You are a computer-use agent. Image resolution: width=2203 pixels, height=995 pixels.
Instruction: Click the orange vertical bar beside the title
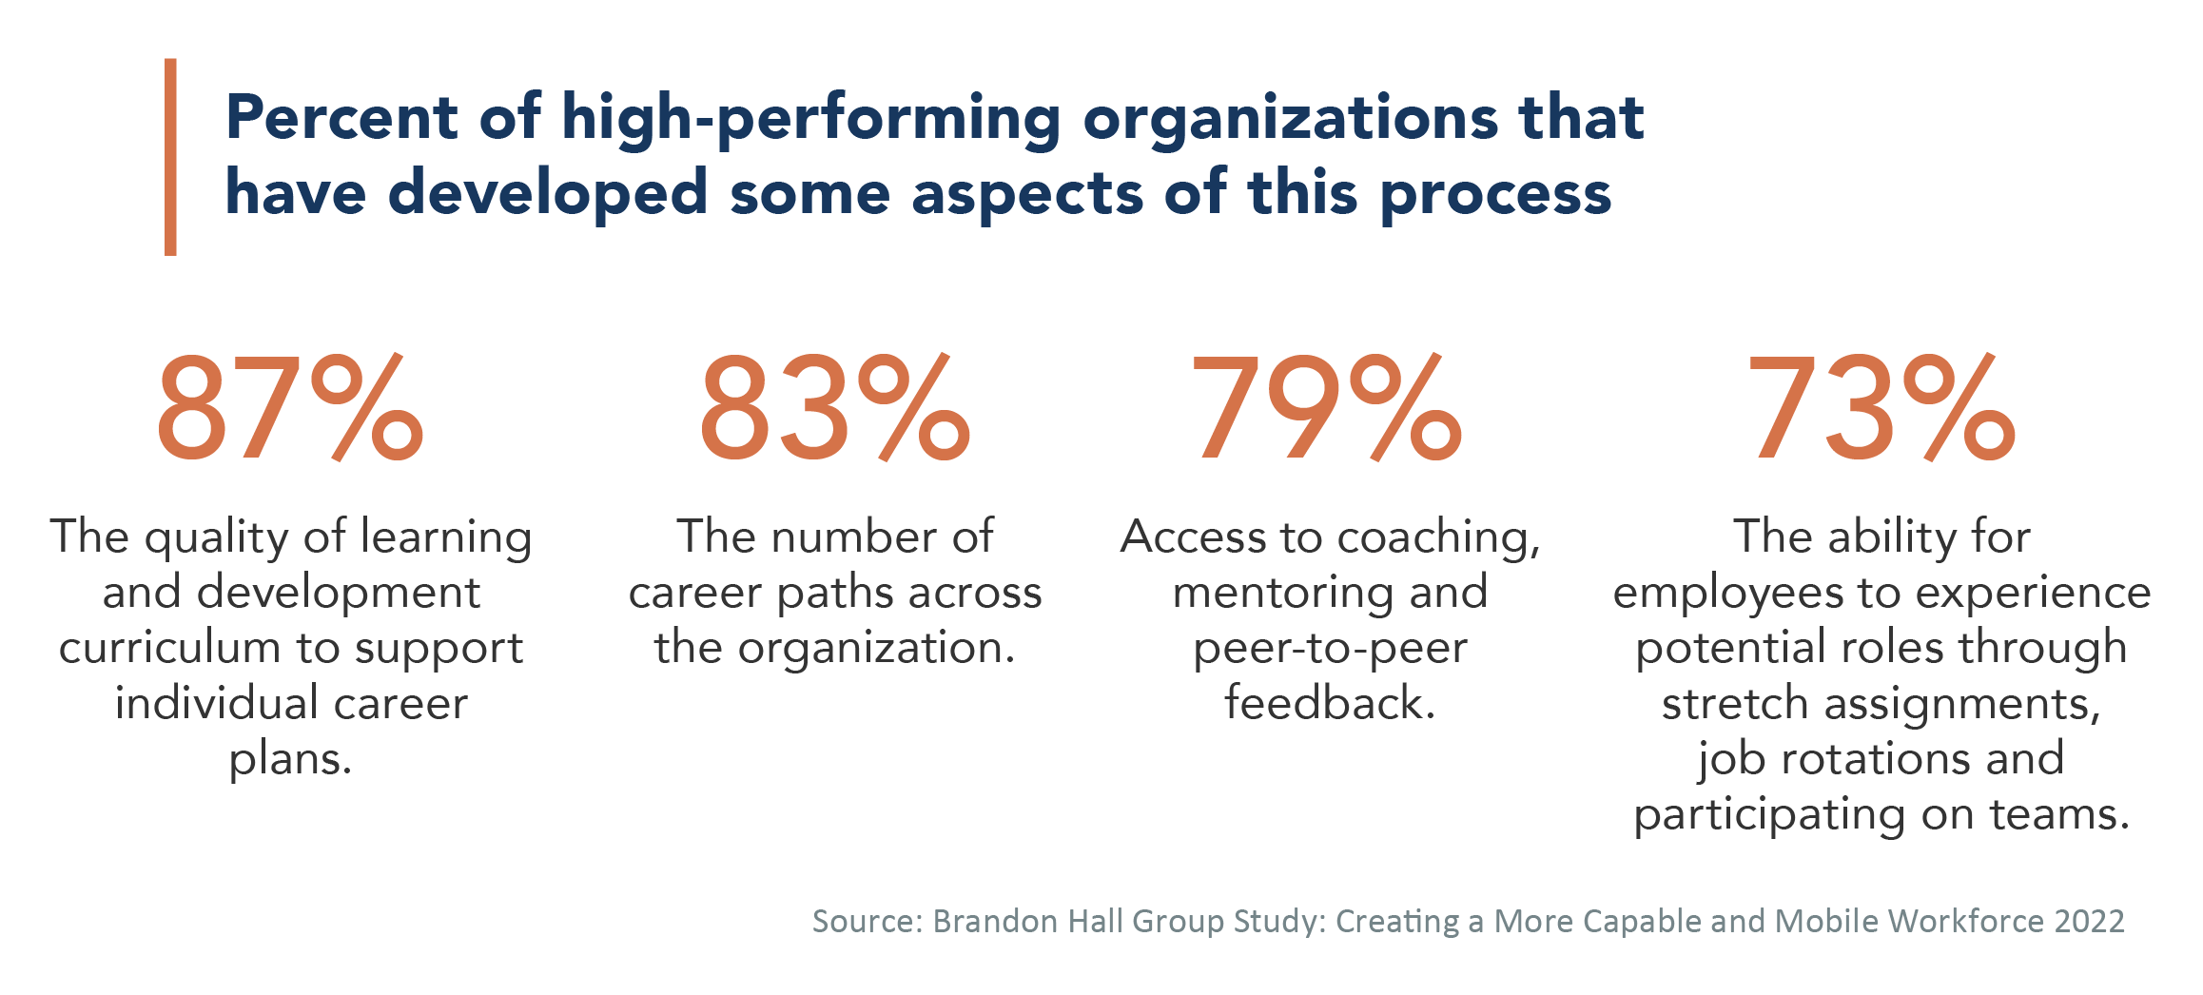click(x=170, y=157)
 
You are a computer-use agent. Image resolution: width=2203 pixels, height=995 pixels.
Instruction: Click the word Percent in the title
click(x=341, y=118)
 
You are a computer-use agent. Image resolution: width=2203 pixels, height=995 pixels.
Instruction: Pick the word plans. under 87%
click(x=290, y=759)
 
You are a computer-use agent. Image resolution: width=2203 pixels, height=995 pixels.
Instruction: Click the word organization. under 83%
click(x=877, y=648)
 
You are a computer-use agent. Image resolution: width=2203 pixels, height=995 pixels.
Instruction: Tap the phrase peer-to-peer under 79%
click(x=1330, y=648)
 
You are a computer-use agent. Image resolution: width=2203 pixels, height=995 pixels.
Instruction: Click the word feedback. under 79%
click(x=1330, y=703)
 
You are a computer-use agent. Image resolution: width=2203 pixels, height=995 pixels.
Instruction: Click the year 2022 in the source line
click(x=2089, y=921)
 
